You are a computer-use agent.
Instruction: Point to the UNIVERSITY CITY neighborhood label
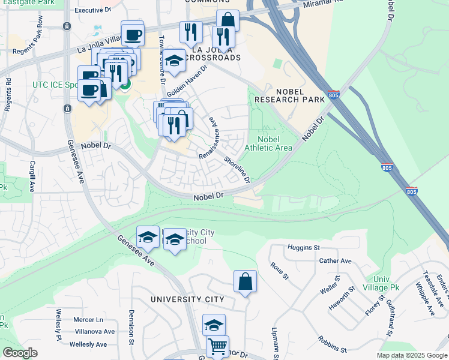(187, 299)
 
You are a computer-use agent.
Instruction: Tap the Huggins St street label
(304, 247)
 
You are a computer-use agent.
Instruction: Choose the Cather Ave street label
(336, 261)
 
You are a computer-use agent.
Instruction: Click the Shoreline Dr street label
(237, 169)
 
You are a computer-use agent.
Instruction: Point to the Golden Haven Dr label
(187, 81)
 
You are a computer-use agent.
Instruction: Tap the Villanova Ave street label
(94, 331)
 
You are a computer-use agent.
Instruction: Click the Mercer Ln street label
(88, 320)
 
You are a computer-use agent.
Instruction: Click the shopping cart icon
(217, 346)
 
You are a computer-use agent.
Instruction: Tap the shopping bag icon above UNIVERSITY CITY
(245, 281)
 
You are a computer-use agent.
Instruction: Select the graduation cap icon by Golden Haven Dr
(174, 61)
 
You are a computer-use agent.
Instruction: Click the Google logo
(20, 353)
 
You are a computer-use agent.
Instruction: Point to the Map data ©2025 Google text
(412, 355)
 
